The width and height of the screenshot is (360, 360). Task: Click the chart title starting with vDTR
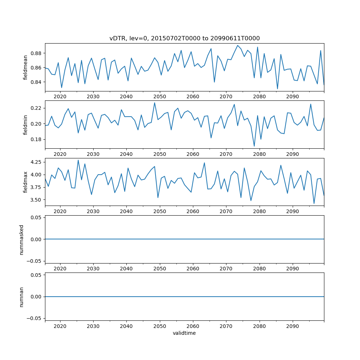pyautogui.click(x=184, y=38)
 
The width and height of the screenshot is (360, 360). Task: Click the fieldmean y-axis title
pyautogui.click(x=25, y=67)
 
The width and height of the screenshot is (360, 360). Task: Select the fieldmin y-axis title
pyautogui.click(x=25, y=125)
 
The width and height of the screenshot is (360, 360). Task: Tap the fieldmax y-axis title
pyautogui.click(x=25, y=182)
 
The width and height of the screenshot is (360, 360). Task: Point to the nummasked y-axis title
pyautogui.click(x=21, y=239)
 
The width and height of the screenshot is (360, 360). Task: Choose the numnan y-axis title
pyautogui.click(x=21, y=297)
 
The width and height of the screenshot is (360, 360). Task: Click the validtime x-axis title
pyautogui.click(x=184, y=333)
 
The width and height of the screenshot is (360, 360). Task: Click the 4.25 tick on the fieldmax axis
pyautogui.click(x=36, y=162)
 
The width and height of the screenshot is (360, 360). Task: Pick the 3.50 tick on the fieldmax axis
pyautogui.click(x=36, y=200)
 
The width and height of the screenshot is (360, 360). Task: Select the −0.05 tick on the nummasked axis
pyautogui.click(x=35, y=261)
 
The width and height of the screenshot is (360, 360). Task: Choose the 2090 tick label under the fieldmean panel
pyautogui.click(x=292, y=96)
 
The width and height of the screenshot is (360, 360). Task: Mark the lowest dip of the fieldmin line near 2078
pyautogui.click(x=254, y=146)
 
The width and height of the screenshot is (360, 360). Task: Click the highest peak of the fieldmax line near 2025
pyautogui.click(x=78, y=160)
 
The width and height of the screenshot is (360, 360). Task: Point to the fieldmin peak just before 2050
pyautogui.click(x=154, y=103)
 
